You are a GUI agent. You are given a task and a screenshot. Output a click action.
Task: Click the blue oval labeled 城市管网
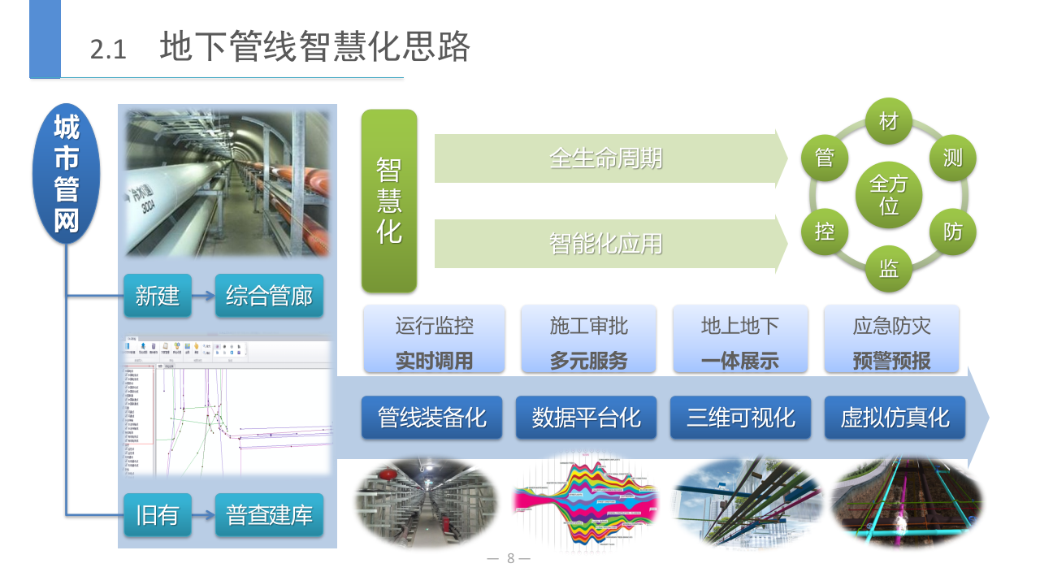pos(66,174)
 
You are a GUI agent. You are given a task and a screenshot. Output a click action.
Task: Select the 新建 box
pos(158,296)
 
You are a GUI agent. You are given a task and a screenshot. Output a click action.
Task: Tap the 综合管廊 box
pos(269,296)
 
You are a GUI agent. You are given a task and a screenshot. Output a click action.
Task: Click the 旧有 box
pos(158,514)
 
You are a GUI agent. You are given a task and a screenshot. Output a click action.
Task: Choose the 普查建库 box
pos(269,514)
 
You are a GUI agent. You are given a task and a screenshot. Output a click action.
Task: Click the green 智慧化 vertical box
pos(389,201)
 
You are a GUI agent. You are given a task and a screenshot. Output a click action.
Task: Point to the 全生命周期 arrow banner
pos(606,158)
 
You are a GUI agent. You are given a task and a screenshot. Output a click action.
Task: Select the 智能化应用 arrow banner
pos(606,243)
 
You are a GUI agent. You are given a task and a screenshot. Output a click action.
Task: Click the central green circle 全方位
pos(889,195)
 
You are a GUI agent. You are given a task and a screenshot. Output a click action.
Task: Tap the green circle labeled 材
pos(889,122)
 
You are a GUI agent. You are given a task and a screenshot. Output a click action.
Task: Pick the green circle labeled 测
pos(953,158)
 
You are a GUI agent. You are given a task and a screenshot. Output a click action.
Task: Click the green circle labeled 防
pos(953,232)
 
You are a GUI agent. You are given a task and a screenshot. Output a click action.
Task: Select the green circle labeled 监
pos(889,269)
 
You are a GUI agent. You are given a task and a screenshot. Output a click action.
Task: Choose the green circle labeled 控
pos(825,232)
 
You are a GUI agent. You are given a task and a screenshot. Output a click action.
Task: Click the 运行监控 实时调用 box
pos(435,340)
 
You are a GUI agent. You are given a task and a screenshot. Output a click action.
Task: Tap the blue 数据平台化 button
pos(587,418)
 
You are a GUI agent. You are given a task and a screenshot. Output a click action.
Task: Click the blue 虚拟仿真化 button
pos(895,418)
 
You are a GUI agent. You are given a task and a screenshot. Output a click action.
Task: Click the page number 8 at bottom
pos(510,558)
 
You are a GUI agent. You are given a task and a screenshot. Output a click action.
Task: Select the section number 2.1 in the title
pos(108,50)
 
